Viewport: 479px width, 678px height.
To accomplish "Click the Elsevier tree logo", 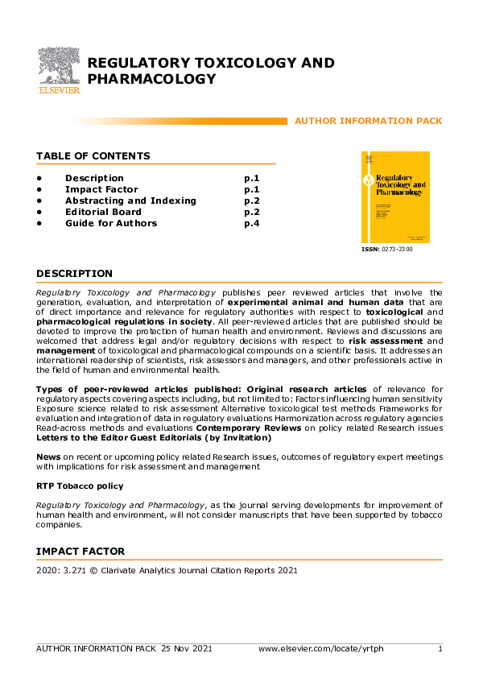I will pyautogui.click(x=60, y=69).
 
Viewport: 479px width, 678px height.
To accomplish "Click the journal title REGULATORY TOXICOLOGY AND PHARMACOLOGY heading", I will pyautogui.click(x=210, y=71).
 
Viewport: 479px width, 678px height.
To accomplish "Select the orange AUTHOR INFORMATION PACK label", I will pyautogui.click(x=368, y=121).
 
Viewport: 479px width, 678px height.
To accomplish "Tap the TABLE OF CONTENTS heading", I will pyautogui.click(x=93, y=155).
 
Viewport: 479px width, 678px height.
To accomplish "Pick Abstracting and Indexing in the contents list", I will pyautogui.click(x=130, y=201).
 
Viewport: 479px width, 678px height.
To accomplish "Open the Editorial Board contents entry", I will pyautogui.click(x=103, y=212).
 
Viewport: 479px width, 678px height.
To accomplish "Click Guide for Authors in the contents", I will pyautogui.click(x=111, y=223).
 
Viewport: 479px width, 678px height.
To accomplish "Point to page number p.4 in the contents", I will pyautogui.click(x=252, y=223).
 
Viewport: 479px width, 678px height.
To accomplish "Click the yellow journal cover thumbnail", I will pyautogui.click(x=395, y=197).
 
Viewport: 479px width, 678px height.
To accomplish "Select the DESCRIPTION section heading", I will pyautogui.click(x=74, y=274).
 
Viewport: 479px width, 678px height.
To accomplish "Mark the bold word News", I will pyautogui.click(x=48, y=456).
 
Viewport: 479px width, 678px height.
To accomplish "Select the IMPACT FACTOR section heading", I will pyautogui.click(x=81, y=552).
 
